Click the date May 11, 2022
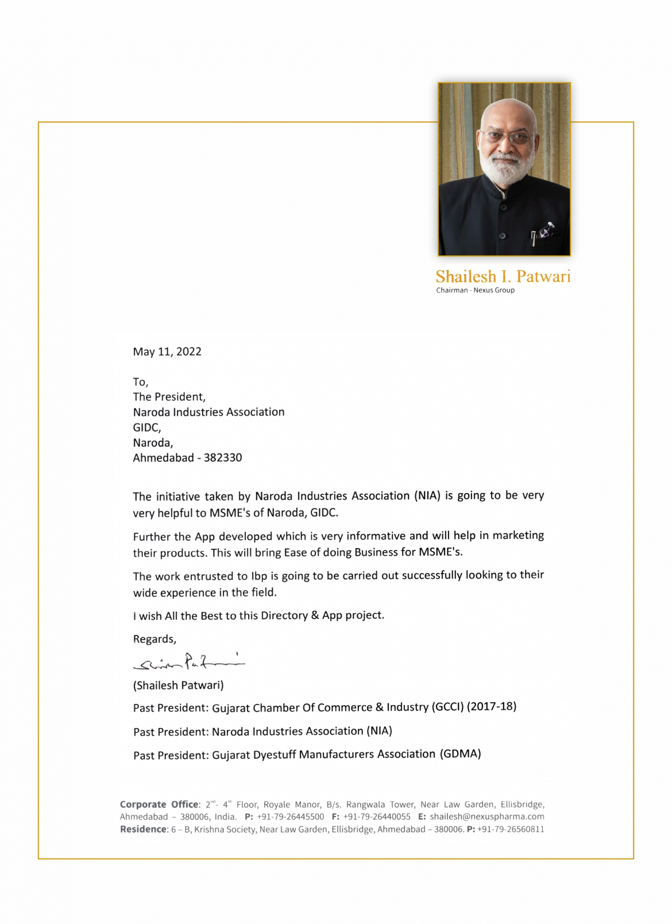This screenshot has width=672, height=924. coord(167,352)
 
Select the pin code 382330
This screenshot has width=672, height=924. coord(223,458)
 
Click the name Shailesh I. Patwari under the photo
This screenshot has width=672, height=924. coord(503,276)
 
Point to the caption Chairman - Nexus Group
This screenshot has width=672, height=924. coord(475,290)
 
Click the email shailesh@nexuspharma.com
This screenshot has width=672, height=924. coord(486,817)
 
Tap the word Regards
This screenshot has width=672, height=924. coord(155,639)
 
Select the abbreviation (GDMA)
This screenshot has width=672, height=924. coord(460,754)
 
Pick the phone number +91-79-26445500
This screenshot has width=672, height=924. coord(290,817)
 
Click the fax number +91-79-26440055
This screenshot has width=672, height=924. coord(377,817)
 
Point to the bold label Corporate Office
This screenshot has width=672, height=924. coord(159,804)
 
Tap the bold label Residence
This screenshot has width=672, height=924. coord(143,829)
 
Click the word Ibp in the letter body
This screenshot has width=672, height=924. coord(259,576)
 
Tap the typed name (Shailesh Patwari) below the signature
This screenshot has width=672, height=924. coord(178,686)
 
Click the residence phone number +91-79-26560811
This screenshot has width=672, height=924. coord(511,829)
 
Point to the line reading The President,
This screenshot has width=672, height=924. coord(169,397)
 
